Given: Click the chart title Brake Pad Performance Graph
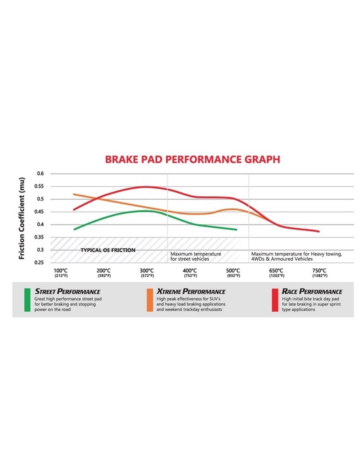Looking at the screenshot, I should point(192,159).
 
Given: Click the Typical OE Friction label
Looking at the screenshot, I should point(108,250).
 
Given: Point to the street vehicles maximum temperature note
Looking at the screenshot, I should point(196,256).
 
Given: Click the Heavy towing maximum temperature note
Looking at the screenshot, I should point(297,256).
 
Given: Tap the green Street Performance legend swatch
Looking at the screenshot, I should point(27,300).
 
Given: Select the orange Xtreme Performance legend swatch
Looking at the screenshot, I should point(150,300).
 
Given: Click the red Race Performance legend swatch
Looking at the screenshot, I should point(275,300).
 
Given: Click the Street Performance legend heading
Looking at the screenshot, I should point(67,291).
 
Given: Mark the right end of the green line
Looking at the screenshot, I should point(237,229).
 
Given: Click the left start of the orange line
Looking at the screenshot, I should point(73,194).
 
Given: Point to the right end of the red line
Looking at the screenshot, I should point(319,231).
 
